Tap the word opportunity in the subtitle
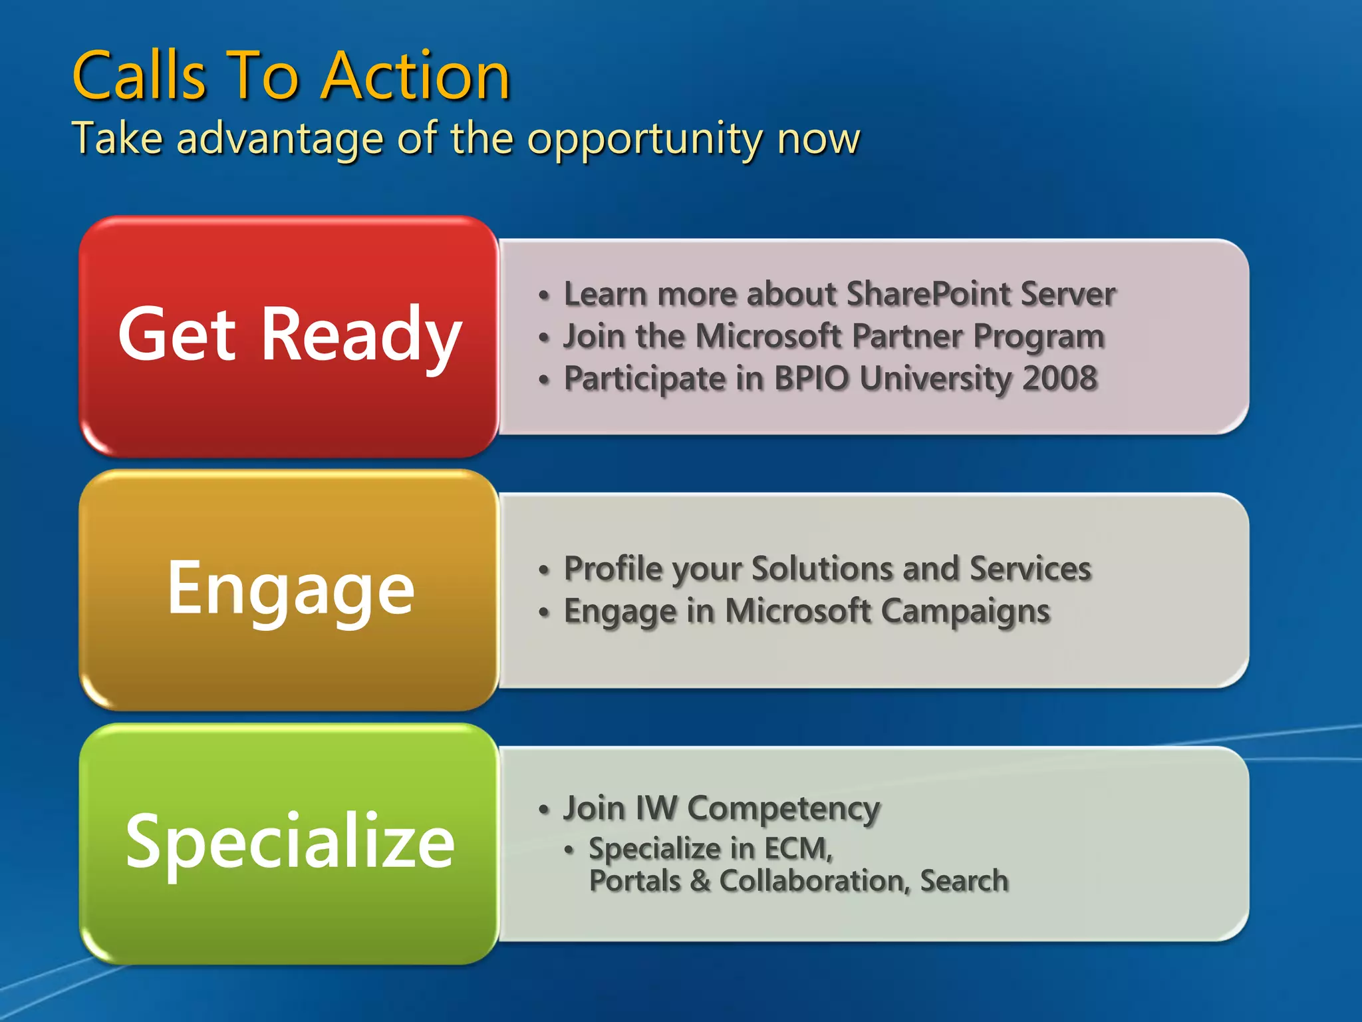point(644,139)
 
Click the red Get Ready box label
point(289,335)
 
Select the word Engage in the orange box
point(291,588)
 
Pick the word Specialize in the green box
point(291,841)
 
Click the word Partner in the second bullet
point(907,336)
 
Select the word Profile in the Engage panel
point(613,569)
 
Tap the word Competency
point(783,808)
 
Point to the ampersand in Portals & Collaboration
point(700,881)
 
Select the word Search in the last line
point(964,881)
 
